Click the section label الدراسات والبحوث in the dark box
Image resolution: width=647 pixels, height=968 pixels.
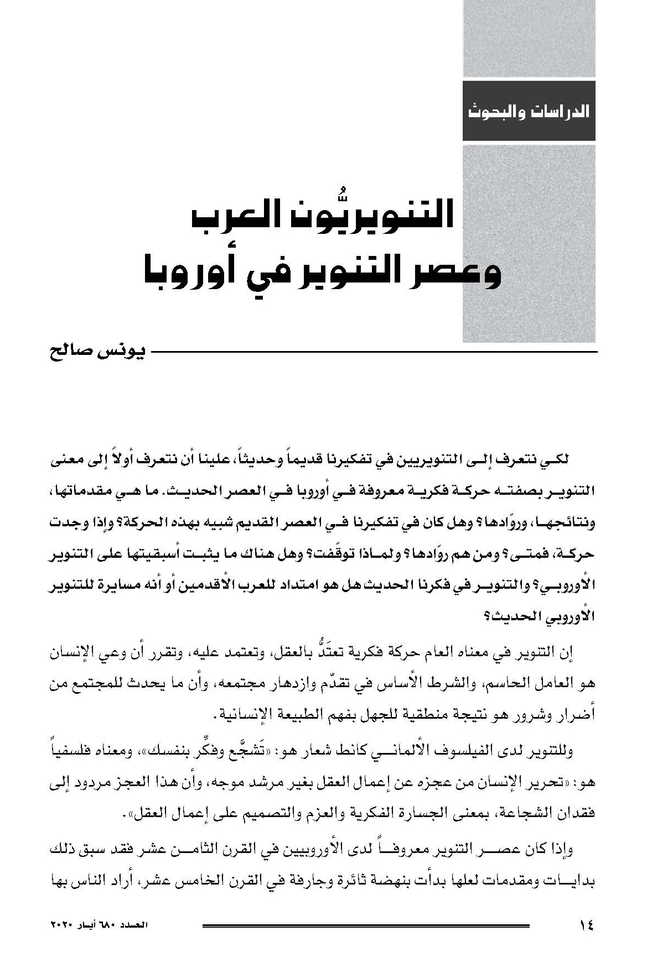click(529, 111)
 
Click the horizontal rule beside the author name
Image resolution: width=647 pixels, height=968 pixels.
click(375, 353)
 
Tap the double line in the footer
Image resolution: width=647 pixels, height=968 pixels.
click(366, 925)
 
